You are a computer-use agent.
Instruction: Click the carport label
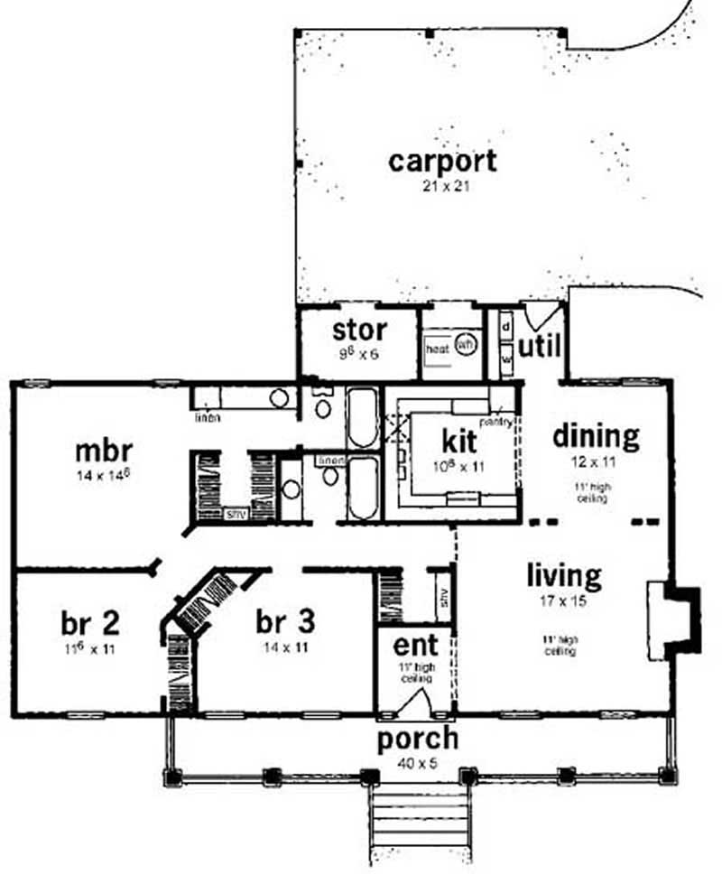click(x=442, y=162)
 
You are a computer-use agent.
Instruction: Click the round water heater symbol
click(x=466, y=345)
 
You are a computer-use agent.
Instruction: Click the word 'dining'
click(x=596, y=436)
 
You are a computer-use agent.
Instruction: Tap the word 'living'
click(x=564, y=574)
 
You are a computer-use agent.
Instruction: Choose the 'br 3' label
click(x=285, y=622)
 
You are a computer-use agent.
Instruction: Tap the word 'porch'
click(x=417, y=739)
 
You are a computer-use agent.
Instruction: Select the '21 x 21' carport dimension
click(x=442, y=187)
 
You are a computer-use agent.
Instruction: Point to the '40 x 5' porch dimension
click(x=417, y=762)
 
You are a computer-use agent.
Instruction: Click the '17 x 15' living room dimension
click(x=564, y=600)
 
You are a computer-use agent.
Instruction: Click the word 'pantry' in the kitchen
click(x=497, y=421)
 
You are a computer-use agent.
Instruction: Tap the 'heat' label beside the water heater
click(x=437, y=349)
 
